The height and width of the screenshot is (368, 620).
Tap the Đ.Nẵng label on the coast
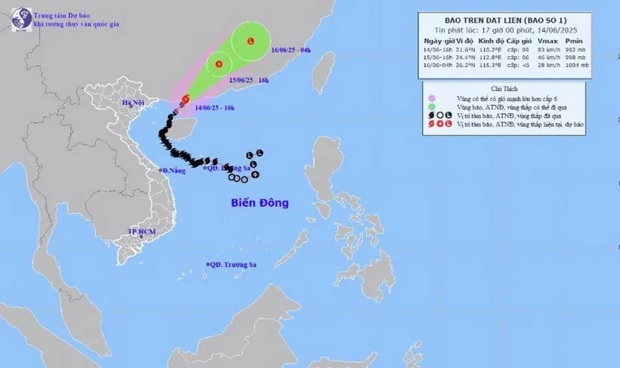pos(175,171)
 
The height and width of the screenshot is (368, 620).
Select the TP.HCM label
pos(141,231)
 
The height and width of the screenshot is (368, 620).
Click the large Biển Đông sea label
pos(259,203)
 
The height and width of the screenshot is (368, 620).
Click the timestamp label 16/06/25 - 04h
pos(290,51)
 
